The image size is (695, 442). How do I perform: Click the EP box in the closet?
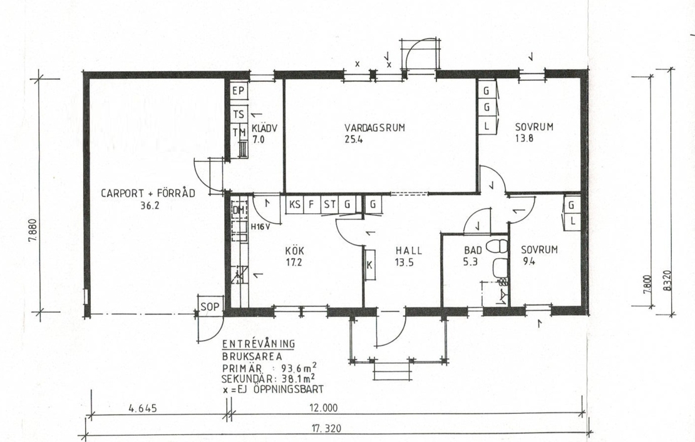click(239, 91)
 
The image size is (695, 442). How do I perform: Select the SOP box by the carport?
click(210, 306)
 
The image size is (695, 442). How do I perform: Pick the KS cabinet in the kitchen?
click(294, 204)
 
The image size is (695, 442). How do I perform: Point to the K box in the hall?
click(369, 265)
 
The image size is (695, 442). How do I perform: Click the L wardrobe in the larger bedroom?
click(487, 126)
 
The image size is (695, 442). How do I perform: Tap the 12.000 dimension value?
click(327, 408)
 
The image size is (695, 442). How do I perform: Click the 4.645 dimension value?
click(143, 408)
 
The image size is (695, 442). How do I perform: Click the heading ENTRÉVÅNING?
click(259, 344)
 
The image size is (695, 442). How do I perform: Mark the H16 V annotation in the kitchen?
click(262, 227)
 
